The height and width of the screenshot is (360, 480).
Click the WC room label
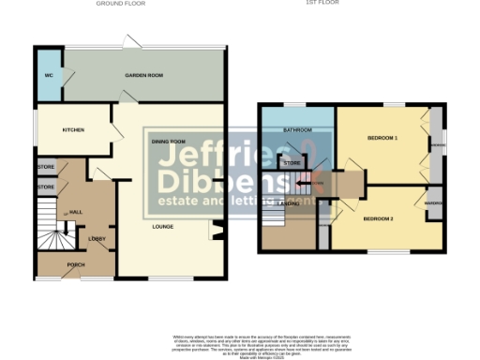[x=47, y=74]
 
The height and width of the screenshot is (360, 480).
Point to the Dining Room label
[x=170, y=141]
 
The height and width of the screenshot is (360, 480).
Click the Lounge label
[x=164, y=225]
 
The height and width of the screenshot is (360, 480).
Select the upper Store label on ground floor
[x=47, y=167]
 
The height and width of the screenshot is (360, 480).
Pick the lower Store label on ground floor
[x=47, y=187]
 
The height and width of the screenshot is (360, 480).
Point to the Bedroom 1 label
[x=382, y=138]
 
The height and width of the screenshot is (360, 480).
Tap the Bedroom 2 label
[x=378, y=218]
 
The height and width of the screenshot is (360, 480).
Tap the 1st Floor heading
[x=347, y=4]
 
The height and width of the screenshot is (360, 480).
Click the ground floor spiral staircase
[x=52, y=234]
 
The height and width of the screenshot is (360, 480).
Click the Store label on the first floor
[x=292, y=163]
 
